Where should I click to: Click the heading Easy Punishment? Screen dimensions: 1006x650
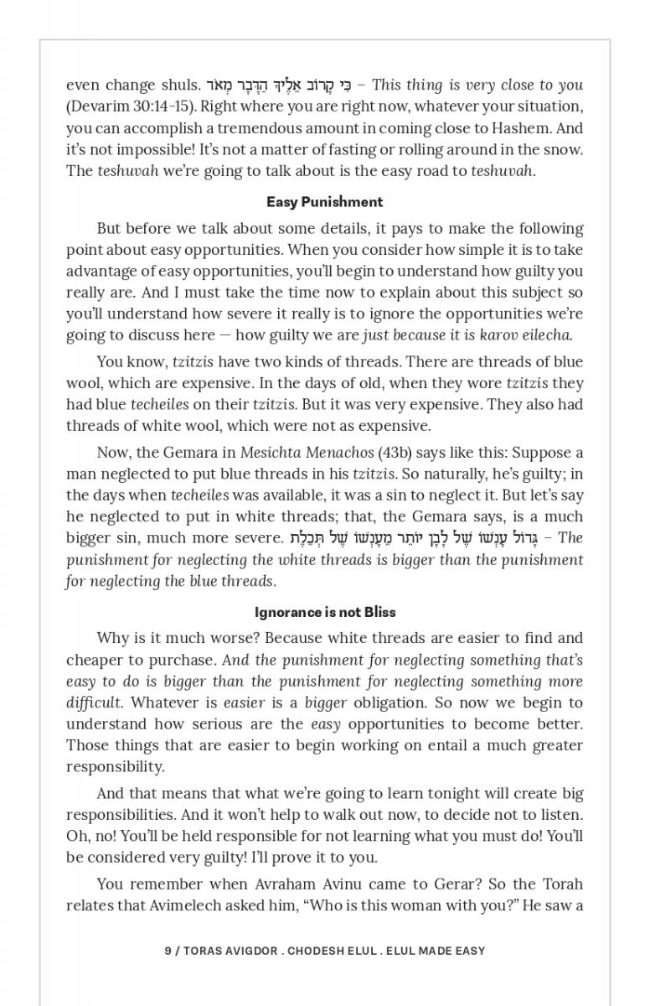(x=324, y=202)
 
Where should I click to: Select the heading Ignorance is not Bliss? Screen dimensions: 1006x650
(x=325, y=612)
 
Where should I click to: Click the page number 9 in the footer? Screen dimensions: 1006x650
(x=168, y=951)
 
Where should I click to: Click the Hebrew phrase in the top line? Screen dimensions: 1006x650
(x=279, y=85)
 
